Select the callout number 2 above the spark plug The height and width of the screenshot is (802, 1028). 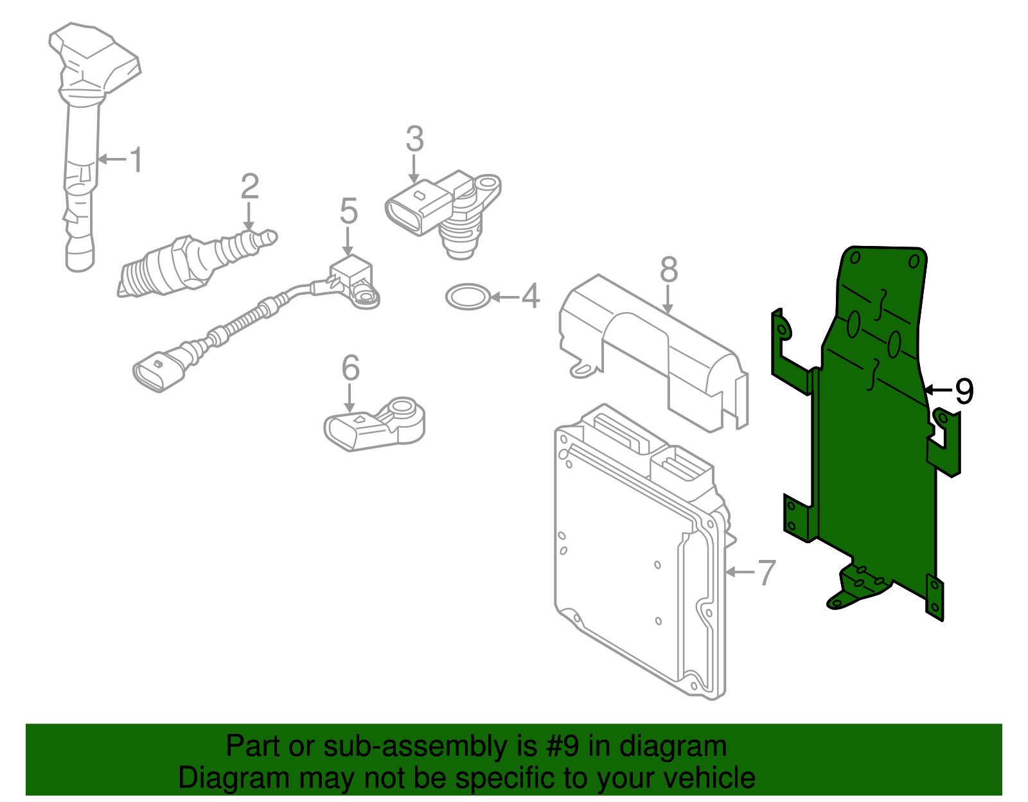pos(249,186)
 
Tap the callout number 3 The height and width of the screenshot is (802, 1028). pos(414,139)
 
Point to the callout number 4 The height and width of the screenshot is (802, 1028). pos(530,297)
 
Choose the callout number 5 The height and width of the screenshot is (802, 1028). pos(348,211)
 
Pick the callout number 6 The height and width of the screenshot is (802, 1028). pos(350,368)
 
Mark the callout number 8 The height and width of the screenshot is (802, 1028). pos(669,270)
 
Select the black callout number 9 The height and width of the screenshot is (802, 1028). pos(964,390)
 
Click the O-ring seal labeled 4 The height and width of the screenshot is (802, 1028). pos(468,297)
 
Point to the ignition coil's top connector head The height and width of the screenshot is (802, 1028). pos(96,55)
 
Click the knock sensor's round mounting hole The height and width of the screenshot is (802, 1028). pos(403,406)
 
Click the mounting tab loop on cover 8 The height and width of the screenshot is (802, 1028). pos(582,370)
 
